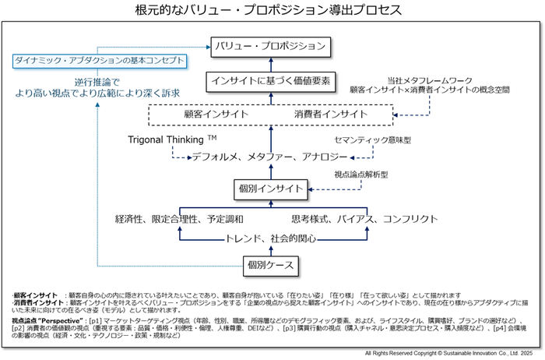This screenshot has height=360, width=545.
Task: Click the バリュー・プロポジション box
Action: click(x=271, y=45)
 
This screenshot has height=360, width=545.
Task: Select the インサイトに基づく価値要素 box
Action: click(x=271, y=79)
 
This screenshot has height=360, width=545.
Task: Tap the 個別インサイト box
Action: click(x=270, y=189)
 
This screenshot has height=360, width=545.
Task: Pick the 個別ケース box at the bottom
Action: click(x=270, y=265)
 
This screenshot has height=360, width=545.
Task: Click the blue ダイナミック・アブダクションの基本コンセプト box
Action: click(x=100, y=61)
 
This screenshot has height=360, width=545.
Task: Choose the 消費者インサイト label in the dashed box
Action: click(x=330, y=114)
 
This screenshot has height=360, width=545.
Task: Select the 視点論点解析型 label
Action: click(x=360, y=174)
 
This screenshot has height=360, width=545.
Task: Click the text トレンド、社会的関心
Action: click(x=269, y=238)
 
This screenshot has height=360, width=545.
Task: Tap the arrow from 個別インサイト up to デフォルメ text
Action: click(x=270, y=171)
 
